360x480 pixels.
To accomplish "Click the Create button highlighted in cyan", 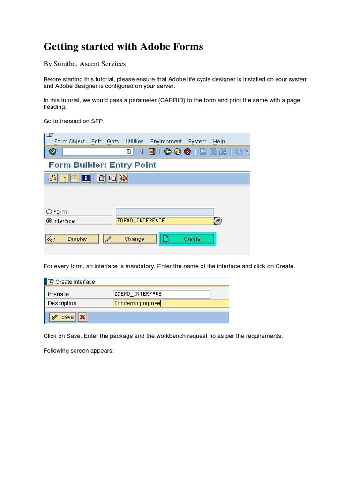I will [x=187, y=239].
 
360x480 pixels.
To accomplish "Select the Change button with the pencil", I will [x=129, y=239].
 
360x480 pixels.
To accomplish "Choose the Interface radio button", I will [x=49, y=221].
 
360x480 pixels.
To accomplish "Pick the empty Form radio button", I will [x=49, y=212].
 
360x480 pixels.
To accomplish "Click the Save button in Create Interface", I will [x=62, y=317].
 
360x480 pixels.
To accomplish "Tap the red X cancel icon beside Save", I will [x=82, y=317].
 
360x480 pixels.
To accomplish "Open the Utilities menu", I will [x=135, y=141].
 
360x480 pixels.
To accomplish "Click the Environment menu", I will [x=166, y=141].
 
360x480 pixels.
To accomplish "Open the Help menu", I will [x=219, y=141].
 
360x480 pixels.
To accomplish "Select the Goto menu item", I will [x=112, y=141].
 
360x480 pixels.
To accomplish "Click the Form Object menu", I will [x=69, y=141].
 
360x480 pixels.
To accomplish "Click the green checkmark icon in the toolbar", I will [x=52, y=151].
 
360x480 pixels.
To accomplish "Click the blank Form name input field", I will [x=165, y=212].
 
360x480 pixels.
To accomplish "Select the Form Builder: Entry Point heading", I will [x=102, y=165].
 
